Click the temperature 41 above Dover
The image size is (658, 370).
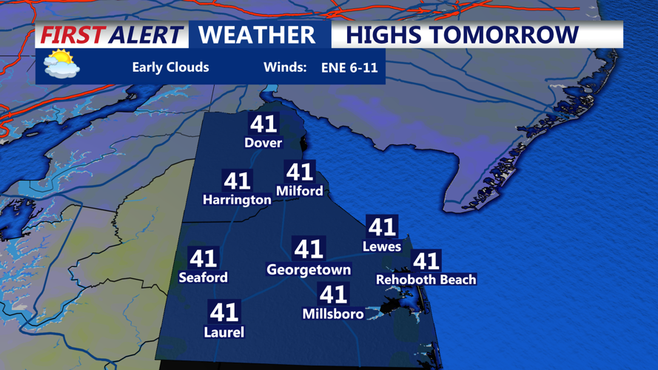[x=263, y=124]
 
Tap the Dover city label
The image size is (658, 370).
[x=263, y=143]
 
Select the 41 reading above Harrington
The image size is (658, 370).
[x=237, y=181]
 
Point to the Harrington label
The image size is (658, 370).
[x=237, y=200]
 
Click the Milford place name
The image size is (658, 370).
[x=300, y=191]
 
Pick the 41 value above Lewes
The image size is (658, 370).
[x=382, y=226]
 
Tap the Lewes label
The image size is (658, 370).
[x=382, y=246]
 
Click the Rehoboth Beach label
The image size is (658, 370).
[x=426, y=280]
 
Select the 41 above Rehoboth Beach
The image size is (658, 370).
[x=426, y=260]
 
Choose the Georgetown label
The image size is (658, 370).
[x=309, y=270]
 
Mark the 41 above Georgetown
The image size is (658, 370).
[x=309, y=249]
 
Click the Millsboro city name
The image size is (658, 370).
[x=333, y=314]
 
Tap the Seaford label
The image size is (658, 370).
[x=204, y=277]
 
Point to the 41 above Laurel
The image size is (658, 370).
[x=224, y=312]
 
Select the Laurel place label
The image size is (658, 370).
[x=224, y=332]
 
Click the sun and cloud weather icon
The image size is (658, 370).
[x=61, y=65]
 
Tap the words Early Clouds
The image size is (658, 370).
[x=170, y=67]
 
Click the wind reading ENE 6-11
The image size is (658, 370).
[x=349, y=68]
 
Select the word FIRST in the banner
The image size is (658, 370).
[x=72, y=35]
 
